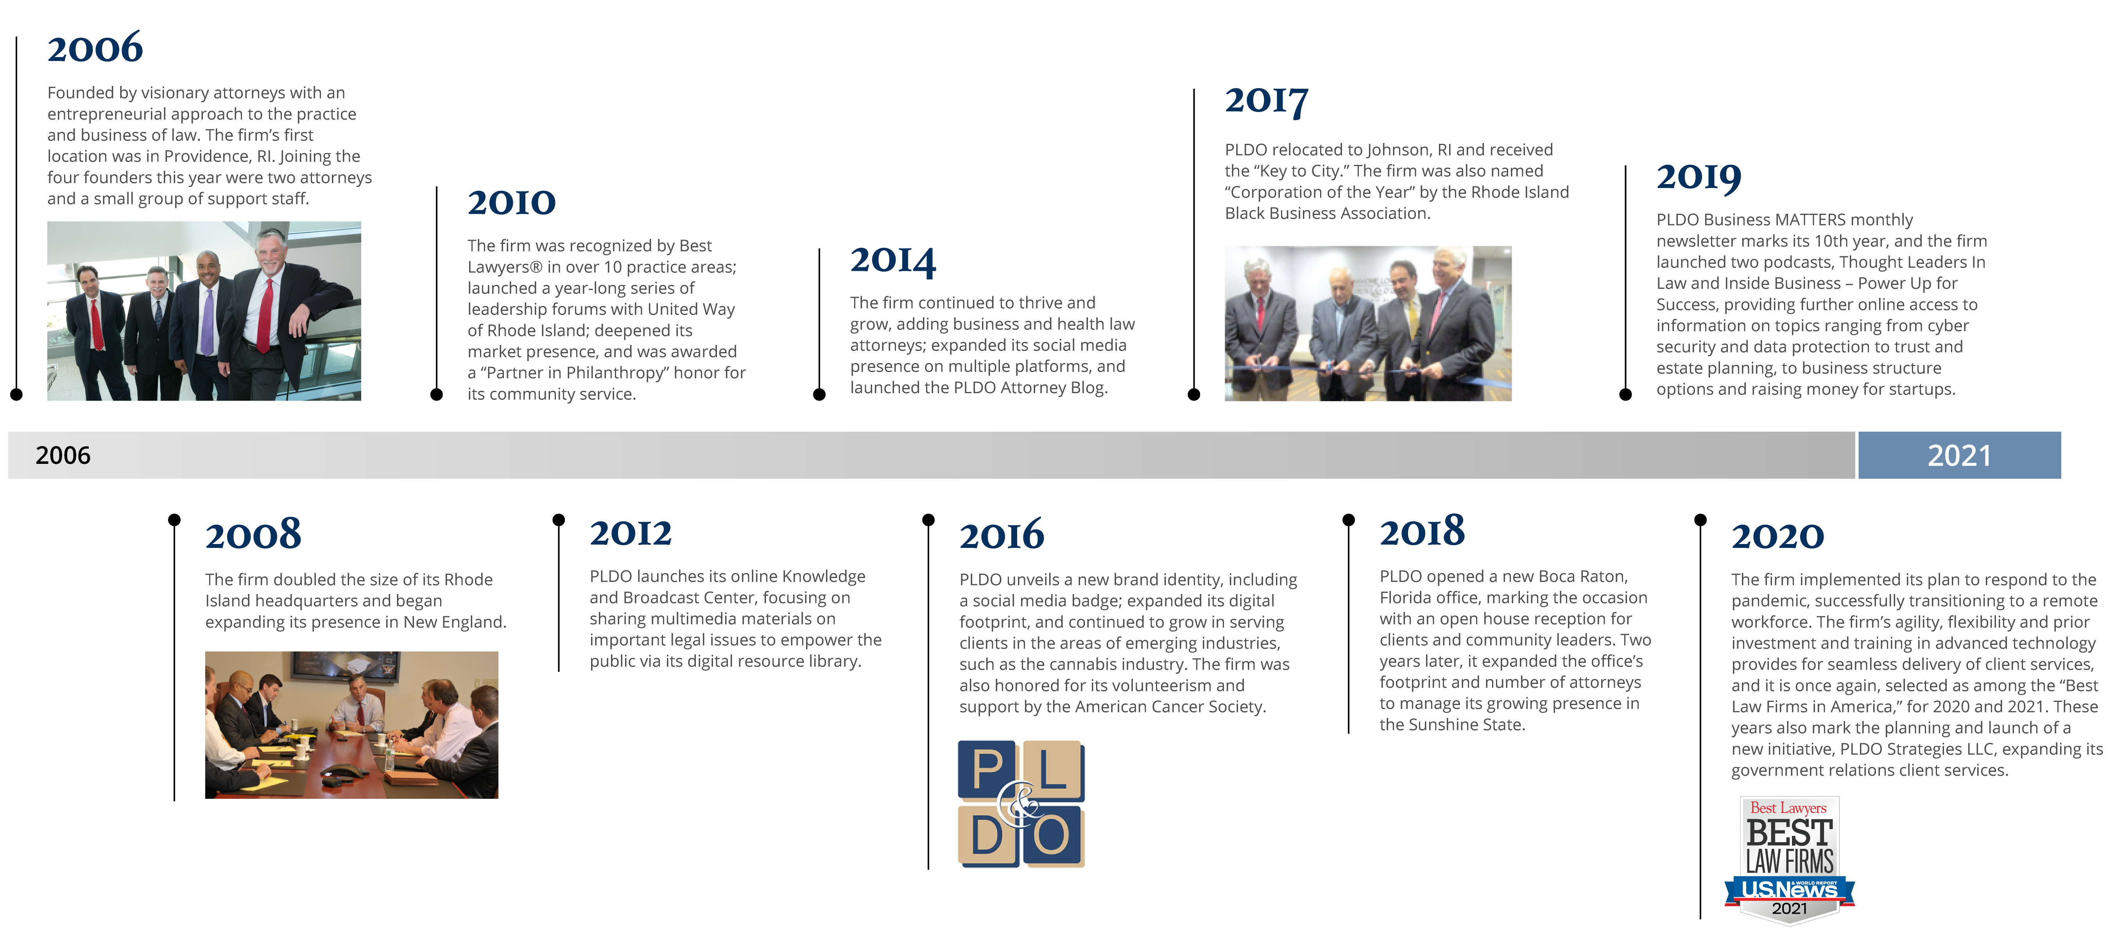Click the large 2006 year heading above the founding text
tap(95, 48)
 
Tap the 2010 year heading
tap(512, 202)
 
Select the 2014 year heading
tap(893, 260)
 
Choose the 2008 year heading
tap(253, 535)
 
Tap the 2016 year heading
tap(1002, 535)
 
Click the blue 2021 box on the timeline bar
tap(1959, 455)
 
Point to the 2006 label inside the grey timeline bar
tap(63, 455)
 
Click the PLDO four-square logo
tap(1021, 803)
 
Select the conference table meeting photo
tap(351, 725)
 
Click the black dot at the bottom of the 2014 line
tap(819, 394)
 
